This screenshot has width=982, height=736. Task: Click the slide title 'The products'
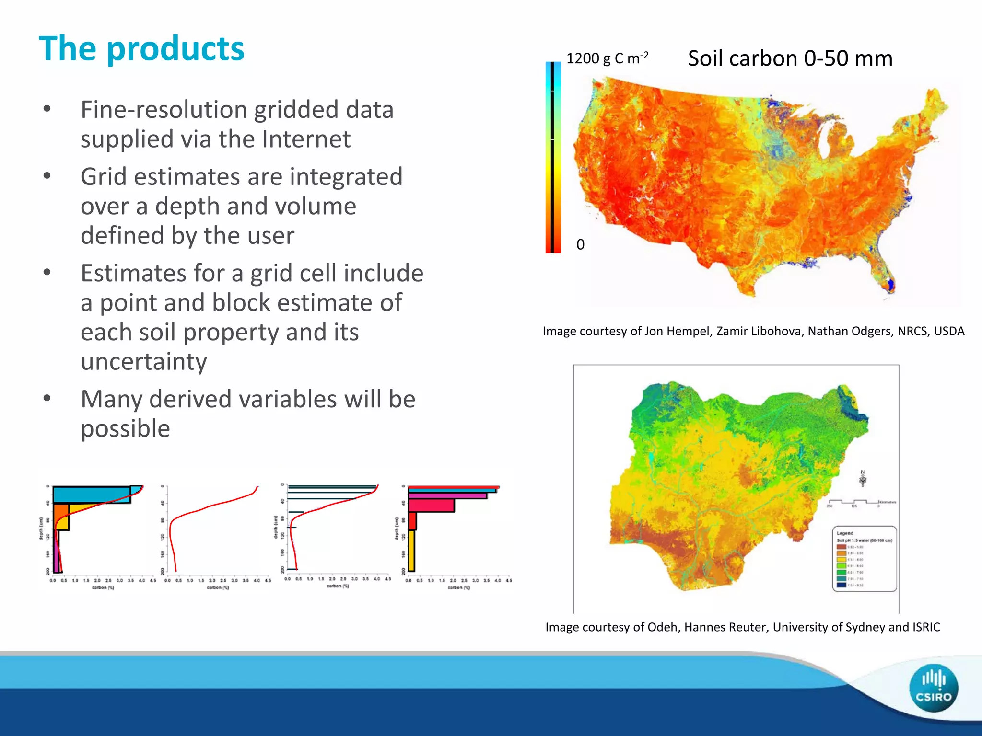[141, 49]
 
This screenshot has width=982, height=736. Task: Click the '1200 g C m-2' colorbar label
[607, 58]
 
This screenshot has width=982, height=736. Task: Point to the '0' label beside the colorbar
[580, 245]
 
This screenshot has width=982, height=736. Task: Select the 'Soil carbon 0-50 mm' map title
[790, 58]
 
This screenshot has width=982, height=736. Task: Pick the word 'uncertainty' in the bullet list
[144, 362]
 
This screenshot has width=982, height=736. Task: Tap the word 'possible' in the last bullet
[125, 428]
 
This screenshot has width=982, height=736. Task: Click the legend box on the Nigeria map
[864, 559]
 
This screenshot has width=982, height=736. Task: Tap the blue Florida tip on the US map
[891, 285]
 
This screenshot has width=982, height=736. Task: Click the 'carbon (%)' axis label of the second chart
[218, 587]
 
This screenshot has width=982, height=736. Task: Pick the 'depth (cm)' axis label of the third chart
[276, 527]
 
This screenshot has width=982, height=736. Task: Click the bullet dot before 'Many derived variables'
[47, 399]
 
